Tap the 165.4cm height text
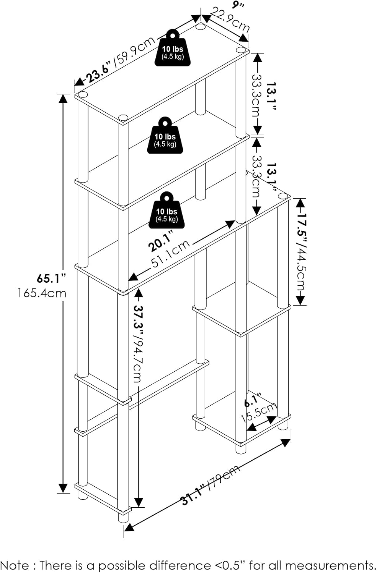(42, 293)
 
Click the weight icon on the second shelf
(165, 135)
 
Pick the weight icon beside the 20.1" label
(167, 210)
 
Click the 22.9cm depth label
(230, 20)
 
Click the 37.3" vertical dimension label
(139, 319)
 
